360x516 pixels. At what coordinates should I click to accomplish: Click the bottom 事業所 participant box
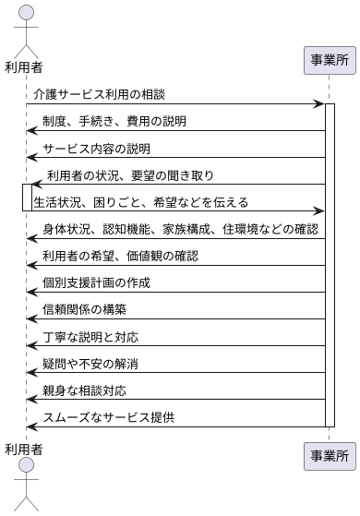pos(330,455)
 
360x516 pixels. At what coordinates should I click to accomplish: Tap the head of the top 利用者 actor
pos(27,12)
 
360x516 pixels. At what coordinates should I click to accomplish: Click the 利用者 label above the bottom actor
pos(26,450)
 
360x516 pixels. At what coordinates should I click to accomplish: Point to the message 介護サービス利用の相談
pos(99,95)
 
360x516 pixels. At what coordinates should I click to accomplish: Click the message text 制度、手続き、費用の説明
pos(114,122)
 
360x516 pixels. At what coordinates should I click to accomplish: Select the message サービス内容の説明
pos(96,149)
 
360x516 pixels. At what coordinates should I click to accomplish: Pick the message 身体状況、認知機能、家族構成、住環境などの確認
pos(180,229)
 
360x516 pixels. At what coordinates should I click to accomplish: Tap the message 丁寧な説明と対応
pos(90,336)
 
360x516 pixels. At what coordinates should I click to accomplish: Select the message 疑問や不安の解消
pos(90,363)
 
